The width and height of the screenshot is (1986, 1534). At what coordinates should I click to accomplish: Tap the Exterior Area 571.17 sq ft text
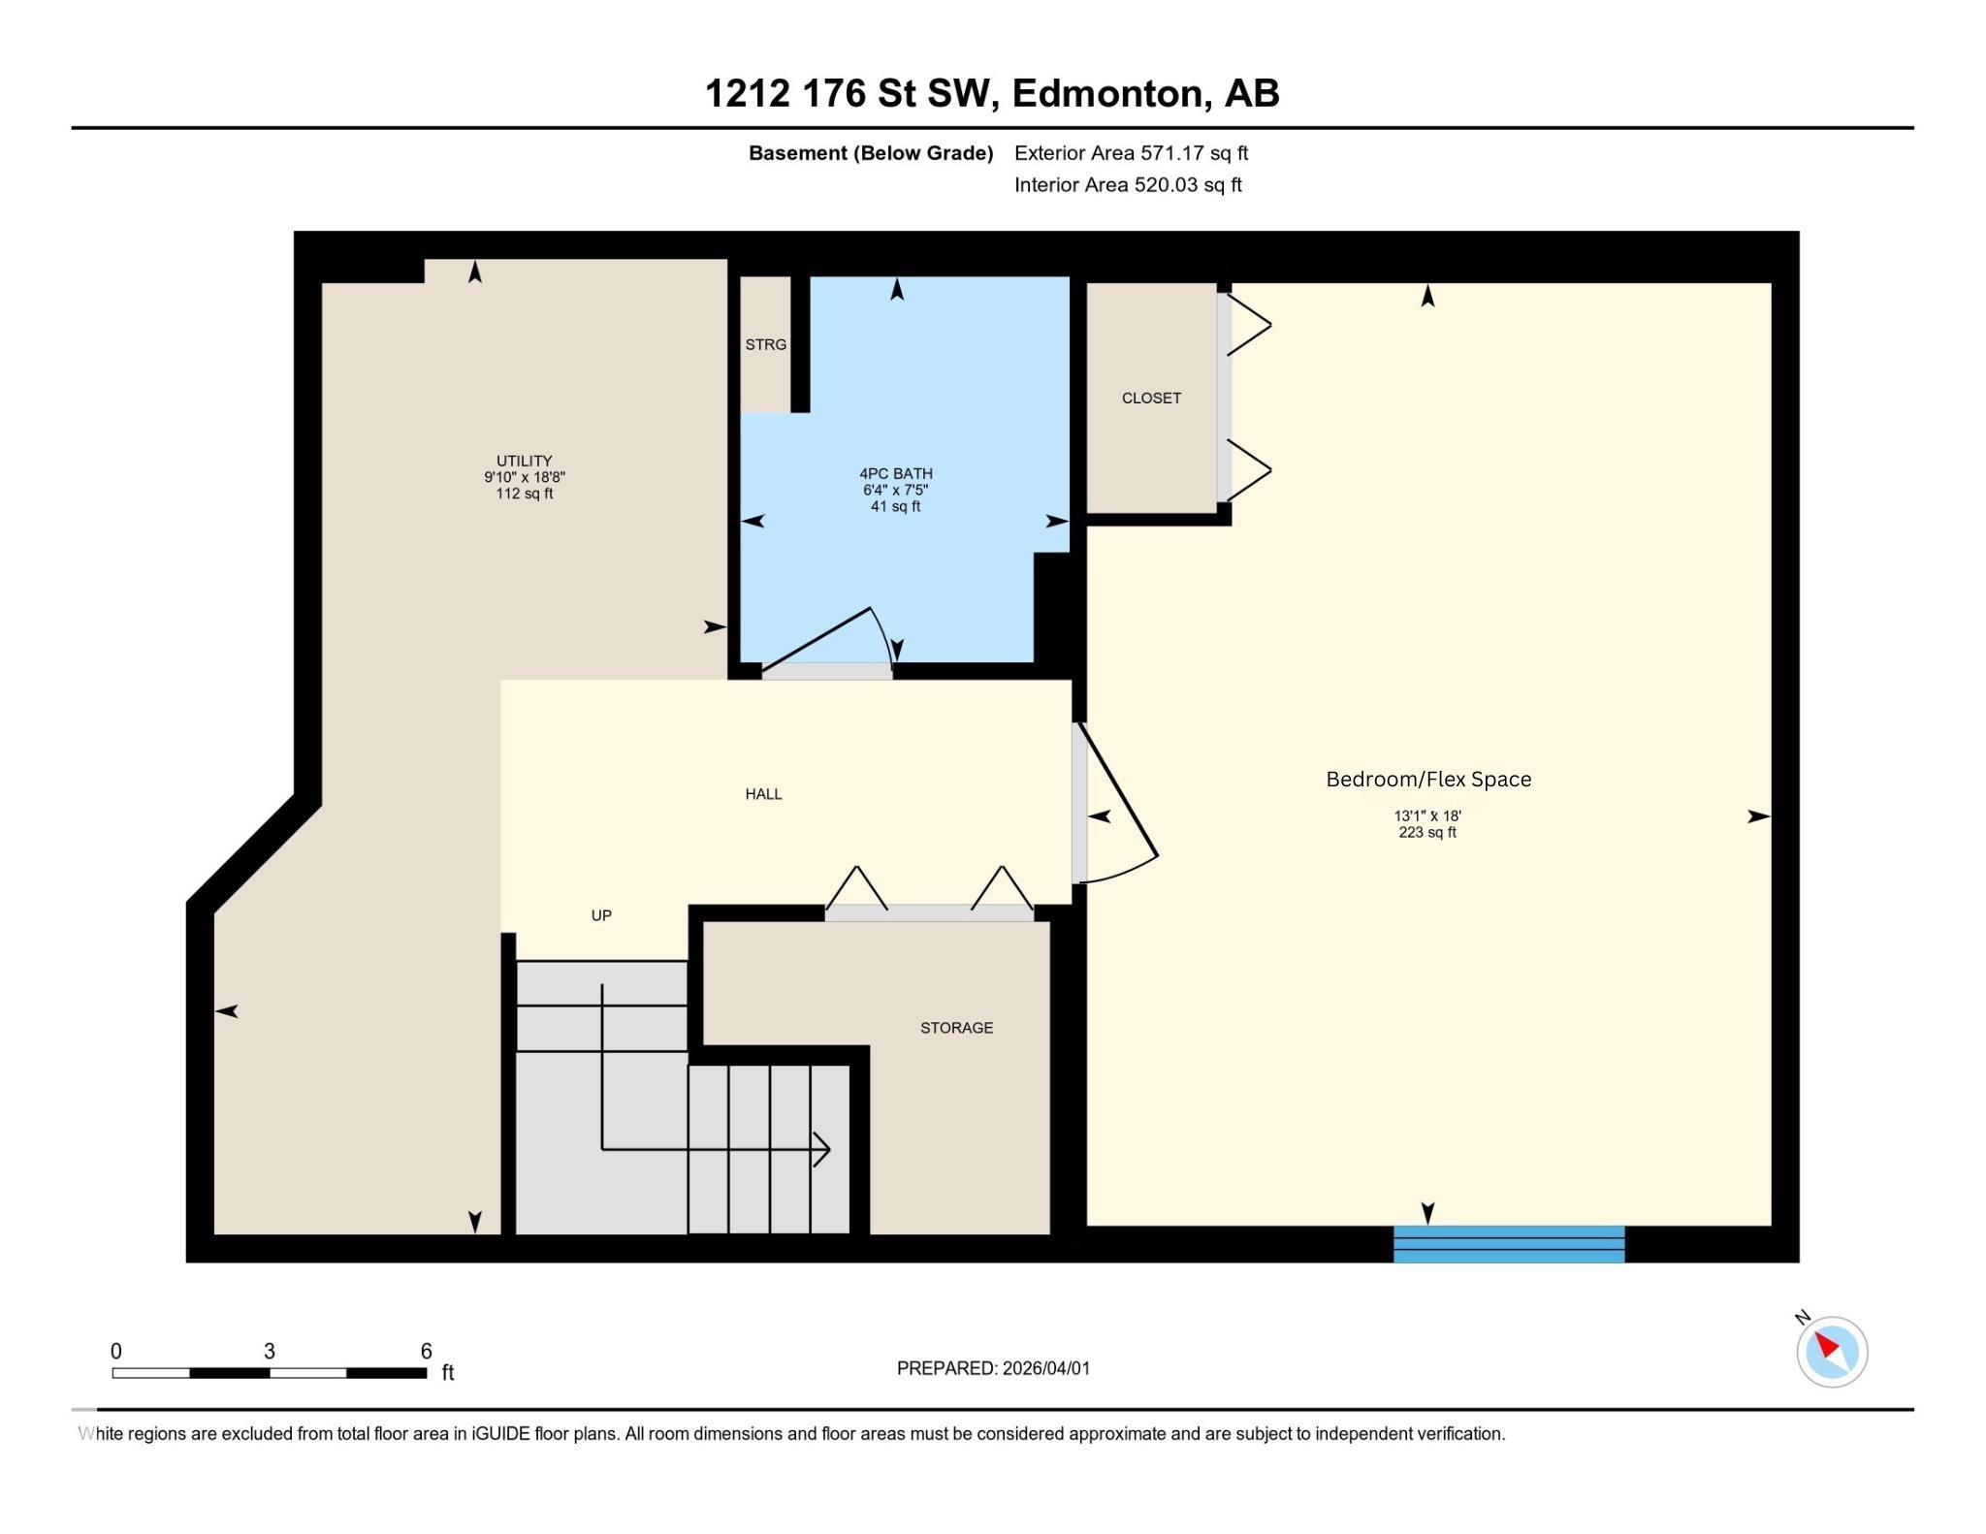click(x=1131, y=153)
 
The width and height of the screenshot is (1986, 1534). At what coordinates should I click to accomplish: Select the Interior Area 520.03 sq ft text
click(x=1128, y=185)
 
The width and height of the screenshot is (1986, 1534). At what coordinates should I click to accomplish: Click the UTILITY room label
click(x=524, y=461)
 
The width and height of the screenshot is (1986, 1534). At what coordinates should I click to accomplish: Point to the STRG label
click(x=765, y=345)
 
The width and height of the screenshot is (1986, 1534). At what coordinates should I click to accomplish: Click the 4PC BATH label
click(x=895, y=474)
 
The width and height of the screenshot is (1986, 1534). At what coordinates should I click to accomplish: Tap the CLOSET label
click(x=1151, y=399)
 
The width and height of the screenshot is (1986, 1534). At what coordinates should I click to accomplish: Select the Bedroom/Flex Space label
click(x=1427, y=780)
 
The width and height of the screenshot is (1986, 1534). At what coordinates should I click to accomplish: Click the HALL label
click(x=763, y=794)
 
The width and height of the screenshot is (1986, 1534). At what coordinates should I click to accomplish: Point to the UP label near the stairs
click(x=601, y=915)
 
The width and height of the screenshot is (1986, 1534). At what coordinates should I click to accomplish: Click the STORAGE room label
click(x=956, y=1028)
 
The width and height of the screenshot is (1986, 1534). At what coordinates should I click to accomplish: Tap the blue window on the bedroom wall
click(x=1508, y=1244)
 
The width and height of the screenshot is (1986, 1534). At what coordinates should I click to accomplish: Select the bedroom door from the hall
click(x=1115, y=805)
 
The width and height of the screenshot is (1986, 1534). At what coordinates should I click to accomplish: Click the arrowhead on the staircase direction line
click(x=822, y=1150)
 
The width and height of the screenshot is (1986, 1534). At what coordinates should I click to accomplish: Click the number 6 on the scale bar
click(x=426, y=1351)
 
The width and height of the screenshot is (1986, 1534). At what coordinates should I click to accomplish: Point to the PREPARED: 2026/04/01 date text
click(x=993, y=1368)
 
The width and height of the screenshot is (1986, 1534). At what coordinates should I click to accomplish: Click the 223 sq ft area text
click(x=1426, y=832)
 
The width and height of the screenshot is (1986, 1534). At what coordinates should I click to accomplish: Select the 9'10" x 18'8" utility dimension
click(x=524, y=477)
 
